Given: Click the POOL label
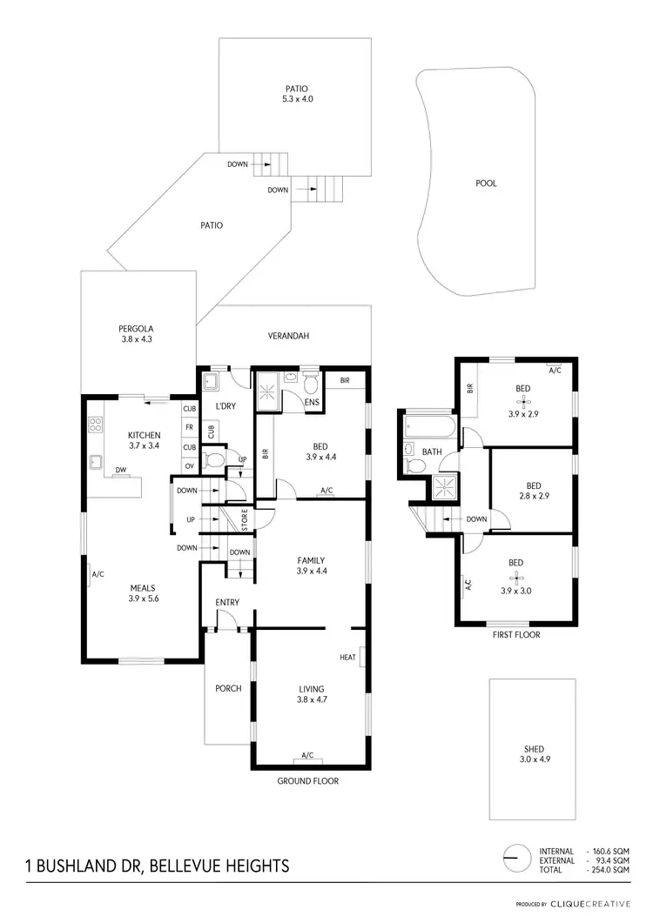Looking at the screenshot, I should (486, 184).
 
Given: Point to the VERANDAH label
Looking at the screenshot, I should (288, 336).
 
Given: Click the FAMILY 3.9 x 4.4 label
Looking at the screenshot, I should (312, 566).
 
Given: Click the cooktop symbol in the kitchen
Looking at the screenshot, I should (96, 425).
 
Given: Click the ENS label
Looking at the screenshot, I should (312, 403).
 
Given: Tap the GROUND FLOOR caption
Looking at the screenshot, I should (308, 781).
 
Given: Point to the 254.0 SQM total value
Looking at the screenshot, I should (608, 870).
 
